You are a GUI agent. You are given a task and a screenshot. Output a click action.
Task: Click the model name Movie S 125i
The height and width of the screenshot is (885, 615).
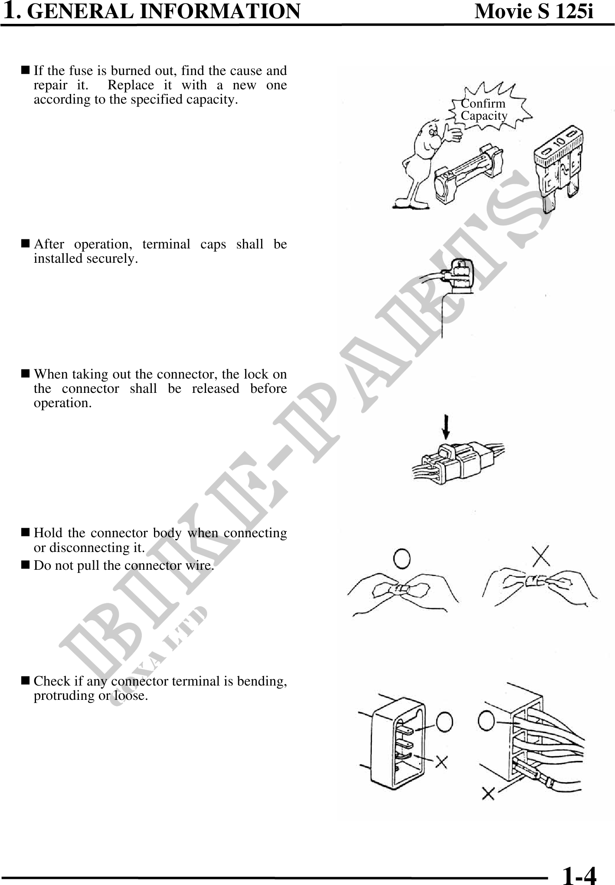(x=534, y=12)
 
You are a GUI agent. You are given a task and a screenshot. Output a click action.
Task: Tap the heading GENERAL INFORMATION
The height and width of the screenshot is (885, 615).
(x=167, y=12)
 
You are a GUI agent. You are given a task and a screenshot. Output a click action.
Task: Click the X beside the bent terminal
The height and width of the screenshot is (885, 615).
(x=441, y=761)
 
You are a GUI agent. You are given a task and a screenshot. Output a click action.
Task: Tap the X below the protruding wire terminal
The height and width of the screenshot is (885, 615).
(x=488, y=794)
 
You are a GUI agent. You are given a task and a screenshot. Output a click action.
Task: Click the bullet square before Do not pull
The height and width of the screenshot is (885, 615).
(x=25, y=565)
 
